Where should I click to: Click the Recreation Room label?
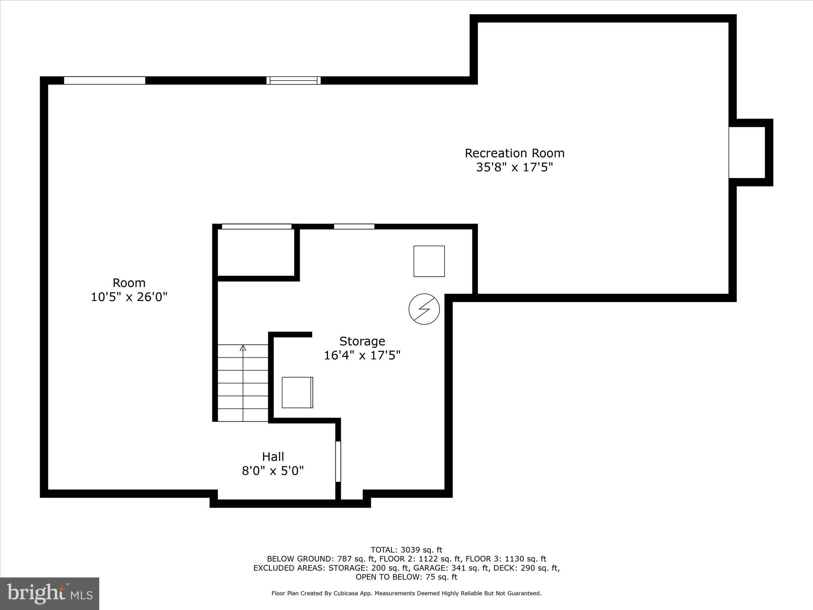514,153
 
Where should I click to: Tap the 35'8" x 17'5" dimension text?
514,168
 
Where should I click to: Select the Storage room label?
362,341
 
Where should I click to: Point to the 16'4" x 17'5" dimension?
362,355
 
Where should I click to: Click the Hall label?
273,457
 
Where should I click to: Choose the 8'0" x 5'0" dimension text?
273,471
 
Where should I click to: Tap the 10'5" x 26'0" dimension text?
129,297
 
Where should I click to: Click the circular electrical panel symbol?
424,309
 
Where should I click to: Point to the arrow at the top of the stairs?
243,348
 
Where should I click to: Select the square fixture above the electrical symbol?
429,261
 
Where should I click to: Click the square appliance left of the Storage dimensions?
297,392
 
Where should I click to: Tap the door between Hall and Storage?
338,461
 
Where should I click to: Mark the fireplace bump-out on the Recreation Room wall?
747,152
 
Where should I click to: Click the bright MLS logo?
50,593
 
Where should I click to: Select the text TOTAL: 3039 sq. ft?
406,550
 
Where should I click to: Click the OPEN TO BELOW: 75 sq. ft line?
406,577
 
